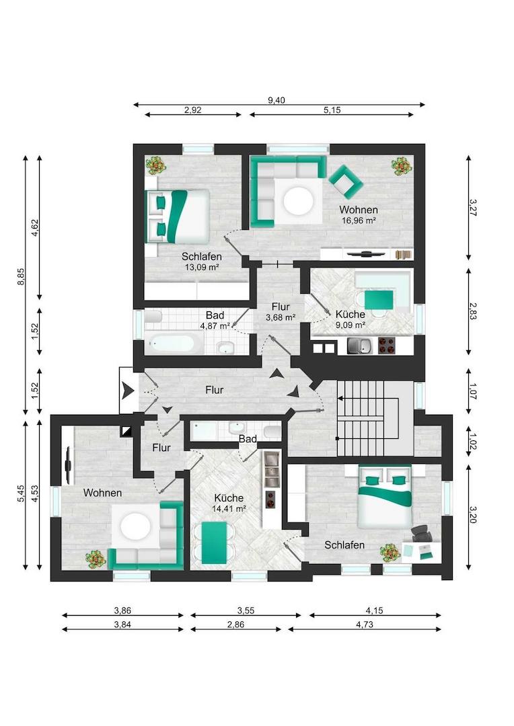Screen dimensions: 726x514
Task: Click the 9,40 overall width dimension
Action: pos(277,100)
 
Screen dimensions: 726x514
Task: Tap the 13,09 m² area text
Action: pos(201,267)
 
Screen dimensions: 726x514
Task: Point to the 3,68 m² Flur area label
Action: pos(281,317)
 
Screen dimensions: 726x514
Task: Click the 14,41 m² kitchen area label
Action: pos(229,508)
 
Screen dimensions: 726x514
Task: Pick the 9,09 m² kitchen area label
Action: pos(350,325)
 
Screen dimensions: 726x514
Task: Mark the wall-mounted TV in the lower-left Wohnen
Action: pos(68,464)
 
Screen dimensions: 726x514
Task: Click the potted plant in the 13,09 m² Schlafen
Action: pos(156,164)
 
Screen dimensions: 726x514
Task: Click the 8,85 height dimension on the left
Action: pos(21,277)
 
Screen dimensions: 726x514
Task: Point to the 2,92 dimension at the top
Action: pos(192,110)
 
